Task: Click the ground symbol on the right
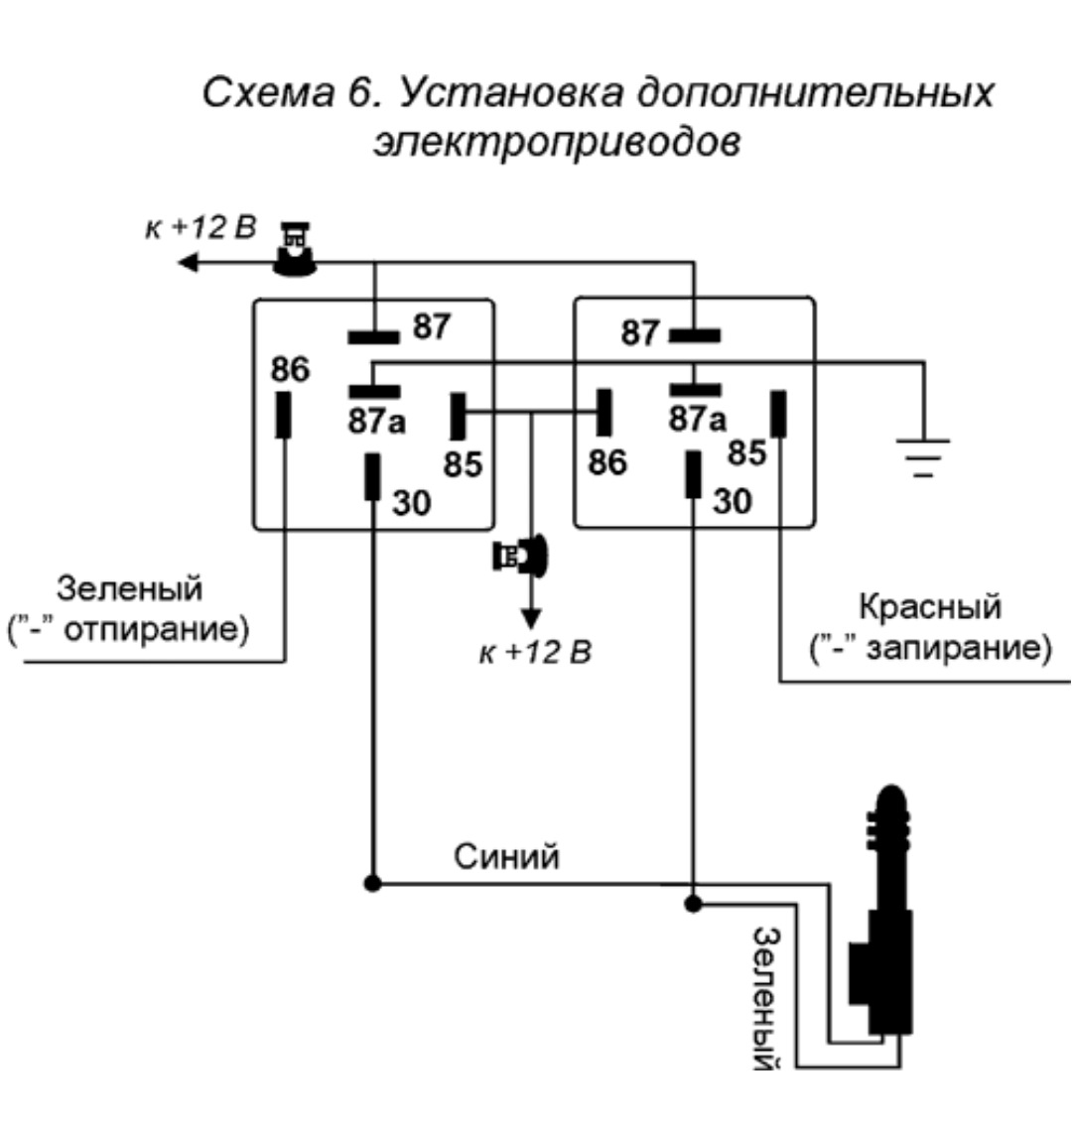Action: (x=924, y=456)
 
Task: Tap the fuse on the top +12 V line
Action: (x=295, y=250)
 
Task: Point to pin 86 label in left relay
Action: (x=291, y=370)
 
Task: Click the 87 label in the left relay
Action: (x=432, y=326)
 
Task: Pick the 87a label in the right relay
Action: (x=697, y=421)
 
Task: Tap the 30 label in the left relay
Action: (x=411, y=503)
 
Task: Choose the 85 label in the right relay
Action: (x=747, y=452)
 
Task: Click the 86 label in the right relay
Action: (x=606, y=461)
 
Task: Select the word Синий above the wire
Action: (x=506, y=855)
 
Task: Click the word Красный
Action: (x=929, y=605)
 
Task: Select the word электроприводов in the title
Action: (x=557, y=141)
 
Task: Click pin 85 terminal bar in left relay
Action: (x=459, y=416)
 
